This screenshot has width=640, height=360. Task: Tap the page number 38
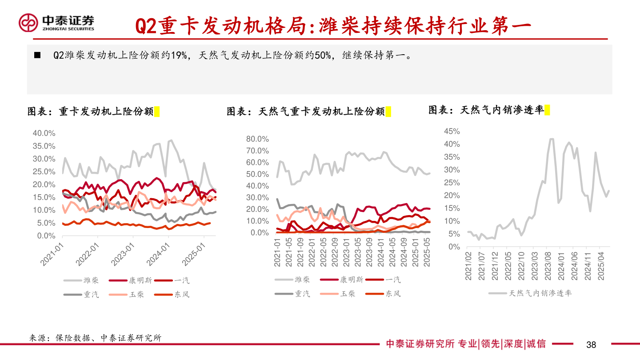click(x=591, y=344)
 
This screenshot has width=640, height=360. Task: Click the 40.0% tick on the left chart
click(x=44, y=133)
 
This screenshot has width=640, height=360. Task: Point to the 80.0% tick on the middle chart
click(x=258, y=139)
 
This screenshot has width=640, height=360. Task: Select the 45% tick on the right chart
click(x=452, y=132)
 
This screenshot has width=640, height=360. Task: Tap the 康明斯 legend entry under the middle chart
click(x=352, y=280)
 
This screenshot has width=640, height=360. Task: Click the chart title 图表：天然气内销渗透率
click(x=486, y=110)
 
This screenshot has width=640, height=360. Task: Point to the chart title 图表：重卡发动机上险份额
click(x=91, y=112)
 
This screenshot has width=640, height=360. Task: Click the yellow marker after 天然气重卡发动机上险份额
click(x=388, y=112)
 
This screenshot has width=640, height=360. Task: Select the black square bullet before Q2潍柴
click(x=37, y=56)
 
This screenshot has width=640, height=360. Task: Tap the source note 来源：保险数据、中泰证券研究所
click(x=95, y=338)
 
